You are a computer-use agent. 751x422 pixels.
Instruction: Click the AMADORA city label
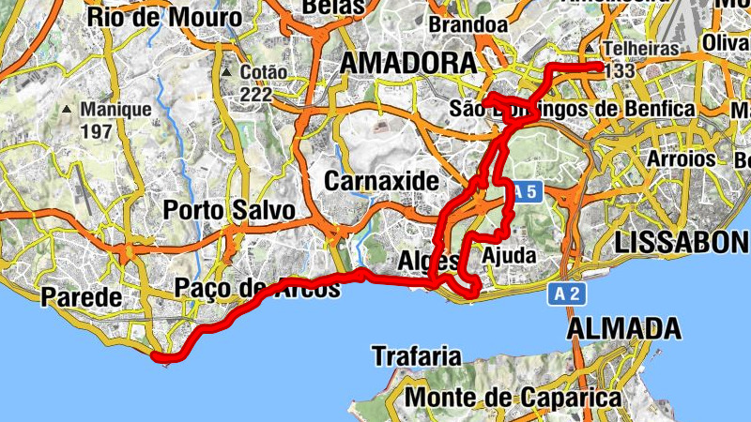tap(407, 63)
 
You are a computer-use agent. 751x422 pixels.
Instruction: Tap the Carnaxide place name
tap(381, 180)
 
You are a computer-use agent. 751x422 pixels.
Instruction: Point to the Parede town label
tap(82, 298)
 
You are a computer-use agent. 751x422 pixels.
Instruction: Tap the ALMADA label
tap(624, 328)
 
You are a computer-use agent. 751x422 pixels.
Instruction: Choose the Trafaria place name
tap(417, 356)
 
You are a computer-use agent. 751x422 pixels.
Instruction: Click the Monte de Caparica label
tap(513, 398)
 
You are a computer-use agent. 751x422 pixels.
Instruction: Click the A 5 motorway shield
tap(528, 193)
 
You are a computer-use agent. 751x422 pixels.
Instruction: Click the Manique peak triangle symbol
tap(68, 110)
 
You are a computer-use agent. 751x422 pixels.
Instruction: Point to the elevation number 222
tap(255, 94)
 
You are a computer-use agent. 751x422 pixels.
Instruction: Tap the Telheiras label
tap(640, 48)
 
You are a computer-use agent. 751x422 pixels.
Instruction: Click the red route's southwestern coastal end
tap(157, 355)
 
